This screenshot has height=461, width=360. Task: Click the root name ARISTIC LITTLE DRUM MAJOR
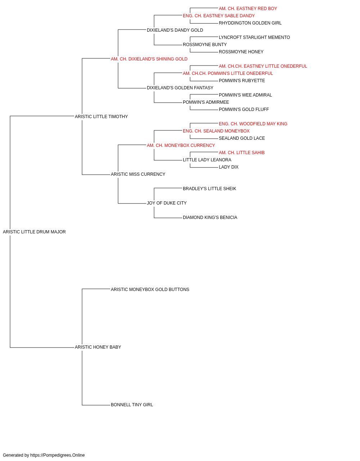point(34,232)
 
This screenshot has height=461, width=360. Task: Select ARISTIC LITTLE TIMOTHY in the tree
point(102,117)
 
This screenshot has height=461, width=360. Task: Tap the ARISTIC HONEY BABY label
point(98,347)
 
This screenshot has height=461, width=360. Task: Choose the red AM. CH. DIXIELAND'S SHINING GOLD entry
point(149,59)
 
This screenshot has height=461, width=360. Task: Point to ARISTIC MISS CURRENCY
point(138,174)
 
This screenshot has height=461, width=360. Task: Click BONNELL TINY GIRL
point(132,405)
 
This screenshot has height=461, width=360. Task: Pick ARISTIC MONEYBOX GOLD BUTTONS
point(150,290)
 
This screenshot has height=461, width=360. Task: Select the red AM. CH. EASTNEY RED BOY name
point(248,9)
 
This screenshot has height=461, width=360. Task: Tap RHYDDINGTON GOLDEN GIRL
point(250,23)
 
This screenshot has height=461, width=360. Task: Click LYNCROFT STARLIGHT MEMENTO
point(254,37)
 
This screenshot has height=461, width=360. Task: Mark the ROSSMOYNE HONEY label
point(241,52)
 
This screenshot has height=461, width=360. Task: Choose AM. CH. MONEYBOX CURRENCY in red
point(181,146)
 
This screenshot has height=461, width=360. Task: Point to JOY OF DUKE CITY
point(167,203)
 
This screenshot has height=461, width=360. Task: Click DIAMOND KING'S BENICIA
point(210,218)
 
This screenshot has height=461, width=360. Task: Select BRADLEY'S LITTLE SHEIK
point(210,189)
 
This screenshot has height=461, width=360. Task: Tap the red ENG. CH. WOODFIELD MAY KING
point(253,124)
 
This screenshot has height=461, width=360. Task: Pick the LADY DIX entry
point(229,167)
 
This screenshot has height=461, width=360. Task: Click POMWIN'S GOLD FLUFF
point(244,109)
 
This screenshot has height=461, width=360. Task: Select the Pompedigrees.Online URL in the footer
point(58,455)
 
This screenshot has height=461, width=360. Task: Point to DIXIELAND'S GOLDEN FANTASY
point(180,88)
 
